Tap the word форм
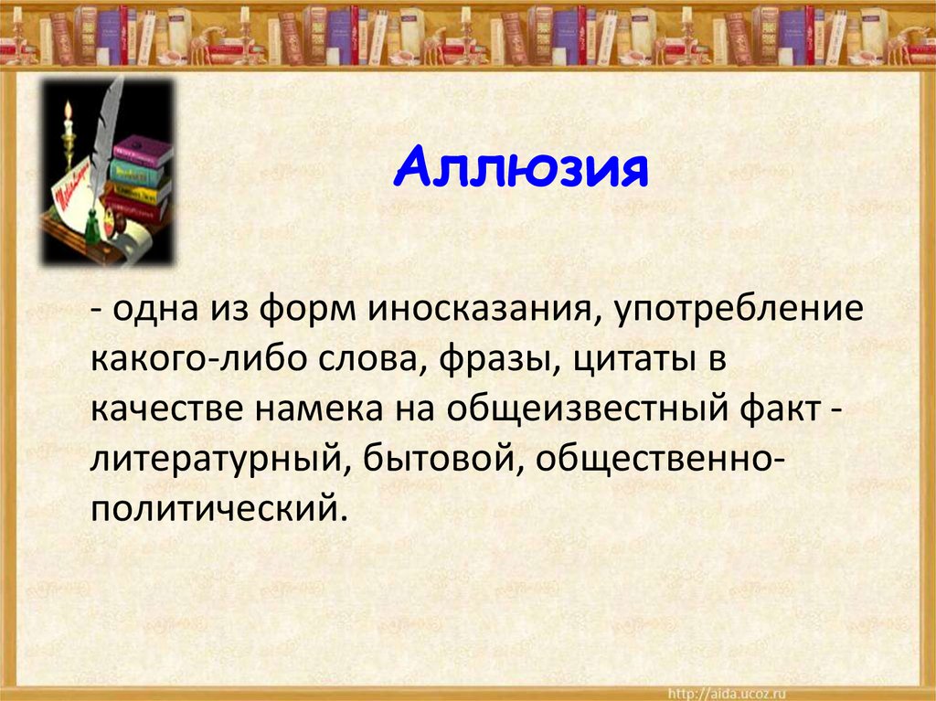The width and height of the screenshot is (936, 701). point(308,309)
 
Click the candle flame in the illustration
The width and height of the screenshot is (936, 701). point(68,111)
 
